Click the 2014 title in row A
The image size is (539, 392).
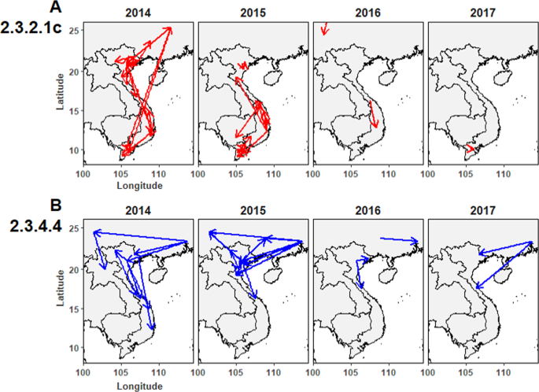click(138, 13)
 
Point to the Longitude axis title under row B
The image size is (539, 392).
click(138, 386)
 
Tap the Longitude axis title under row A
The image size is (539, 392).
click(138, 186)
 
